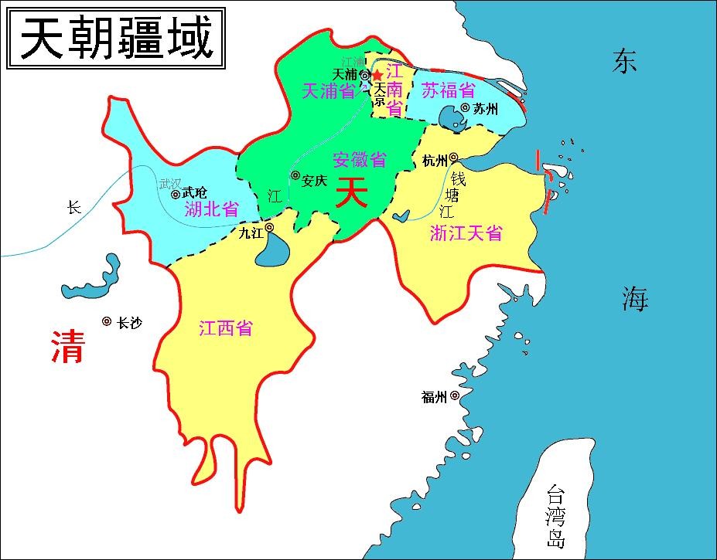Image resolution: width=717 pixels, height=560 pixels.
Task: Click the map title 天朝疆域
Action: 116,38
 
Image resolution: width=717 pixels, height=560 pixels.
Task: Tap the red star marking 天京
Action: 377,75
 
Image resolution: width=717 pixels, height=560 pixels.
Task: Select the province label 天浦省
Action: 327,91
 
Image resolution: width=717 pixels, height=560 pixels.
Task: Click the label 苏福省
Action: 449,90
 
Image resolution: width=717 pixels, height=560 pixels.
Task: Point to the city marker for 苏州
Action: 466,108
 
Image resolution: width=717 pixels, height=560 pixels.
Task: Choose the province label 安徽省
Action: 359,160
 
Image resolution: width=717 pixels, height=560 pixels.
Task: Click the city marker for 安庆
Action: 295,176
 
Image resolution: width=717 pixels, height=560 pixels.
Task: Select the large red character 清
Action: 67,346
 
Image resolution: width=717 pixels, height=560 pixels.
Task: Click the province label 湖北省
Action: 211,209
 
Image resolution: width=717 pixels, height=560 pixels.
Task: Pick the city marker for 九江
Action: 269,228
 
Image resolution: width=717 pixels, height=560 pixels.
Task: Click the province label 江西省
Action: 225,328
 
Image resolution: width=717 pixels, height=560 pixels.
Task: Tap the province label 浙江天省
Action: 466,232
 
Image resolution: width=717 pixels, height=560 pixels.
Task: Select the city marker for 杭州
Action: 454,157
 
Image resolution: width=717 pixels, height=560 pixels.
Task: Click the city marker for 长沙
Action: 107,321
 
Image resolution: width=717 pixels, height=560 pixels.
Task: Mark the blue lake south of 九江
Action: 271,251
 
